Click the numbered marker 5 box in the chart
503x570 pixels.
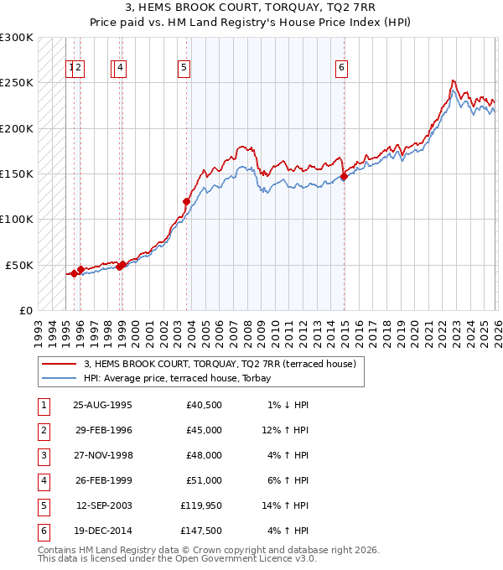(x=184, y=69)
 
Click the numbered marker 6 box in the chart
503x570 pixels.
(x=342, y=69)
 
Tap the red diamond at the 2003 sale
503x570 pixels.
(x=186, y=201)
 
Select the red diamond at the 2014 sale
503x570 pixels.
(x=344, y=176)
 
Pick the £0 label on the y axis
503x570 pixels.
(x=25, y=310)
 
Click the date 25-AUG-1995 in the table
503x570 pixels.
(x=102, y=405)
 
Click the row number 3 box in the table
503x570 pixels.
(x=41, y=455)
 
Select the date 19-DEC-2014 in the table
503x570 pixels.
(x=102, y=531)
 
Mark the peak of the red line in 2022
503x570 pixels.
(x=453, y=80)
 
